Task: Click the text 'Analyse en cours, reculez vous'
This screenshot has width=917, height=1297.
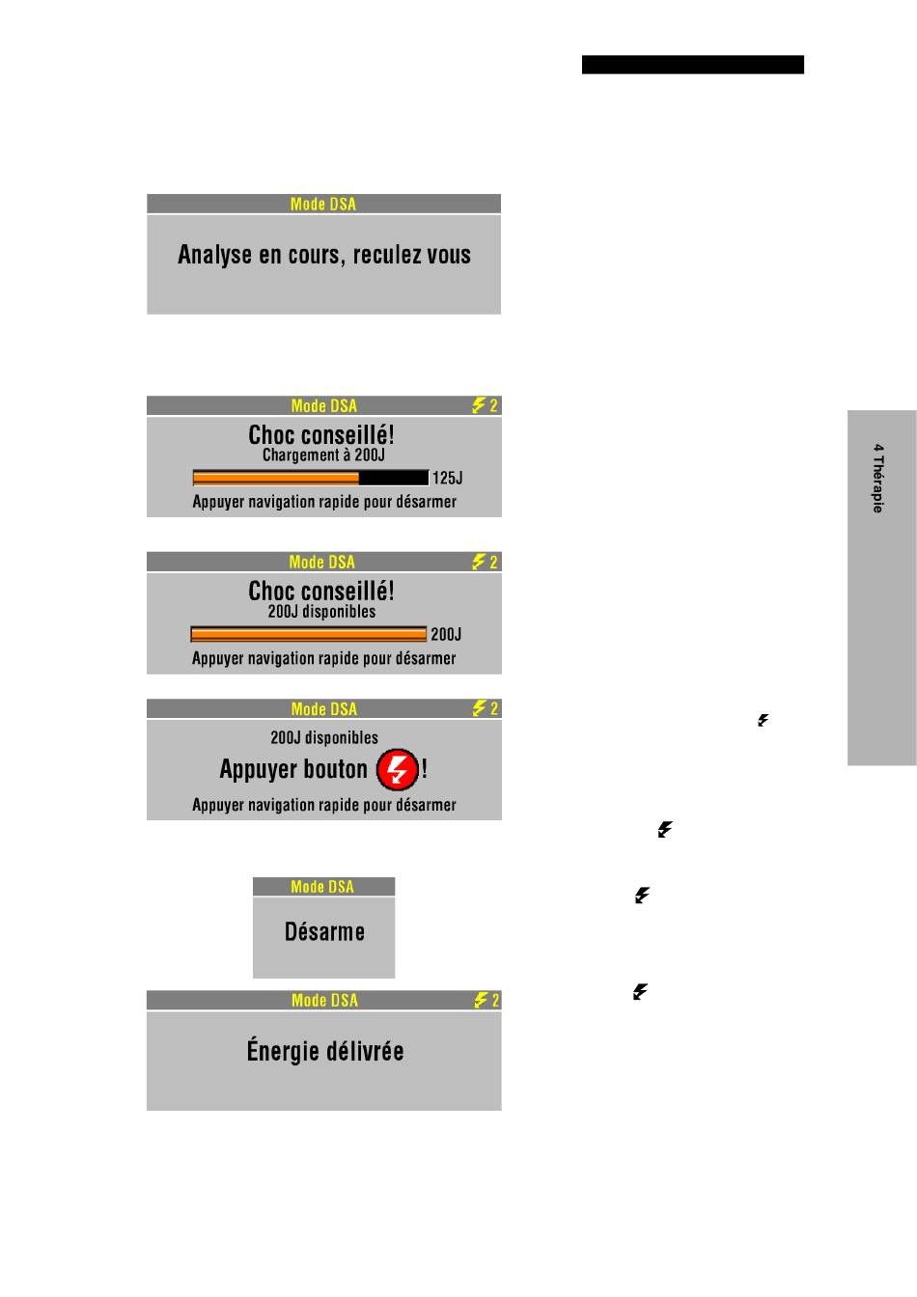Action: pos(324,256)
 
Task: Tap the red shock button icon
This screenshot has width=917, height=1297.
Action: pos(397,770)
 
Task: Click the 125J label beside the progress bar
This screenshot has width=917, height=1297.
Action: pos(447,478)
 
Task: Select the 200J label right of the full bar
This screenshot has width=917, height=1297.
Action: pos(446,634)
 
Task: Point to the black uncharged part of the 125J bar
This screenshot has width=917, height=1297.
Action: pos(394,478)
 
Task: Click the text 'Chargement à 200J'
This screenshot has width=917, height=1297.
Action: pos(323,455)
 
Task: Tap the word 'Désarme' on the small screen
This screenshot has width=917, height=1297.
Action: pos(324,932)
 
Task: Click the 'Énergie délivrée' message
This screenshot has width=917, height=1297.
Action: pos(325,1051)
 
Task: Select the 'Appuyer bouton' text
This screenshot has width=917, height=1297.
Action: pos(293,770)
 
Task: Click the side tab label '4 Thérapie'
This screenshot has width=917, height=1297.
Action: pos(878,479)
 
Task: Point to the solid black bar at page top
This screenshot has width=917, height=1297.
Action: pos(692,65)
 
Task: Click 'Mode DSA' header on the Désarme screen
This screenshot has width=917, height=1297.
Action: pos(322,887)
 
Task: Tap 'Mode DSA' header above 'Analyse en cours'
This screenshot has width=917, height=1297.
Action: pos(323,204)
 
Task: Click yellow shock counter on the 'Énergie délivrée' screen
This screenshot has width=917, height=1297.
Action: pos(486,1001)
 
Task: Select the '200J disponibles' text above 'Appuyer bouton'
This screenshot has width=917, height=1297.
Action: pos(324,738)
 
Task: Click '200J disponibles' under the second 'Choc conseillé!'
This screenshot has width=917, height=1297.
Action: pos(322,612)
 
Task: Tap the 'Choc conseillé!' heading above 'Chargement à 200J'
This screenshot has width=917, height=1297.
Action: pos(321,435)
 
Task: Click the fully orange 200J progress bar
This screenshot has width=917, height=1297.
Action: pos(309,634)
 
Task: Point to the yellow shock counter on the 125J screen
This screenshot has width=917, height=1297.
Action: pos(485,406)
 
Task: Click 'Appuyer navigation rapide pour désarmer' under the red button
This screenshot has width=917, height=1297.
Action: pos(324,805)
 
